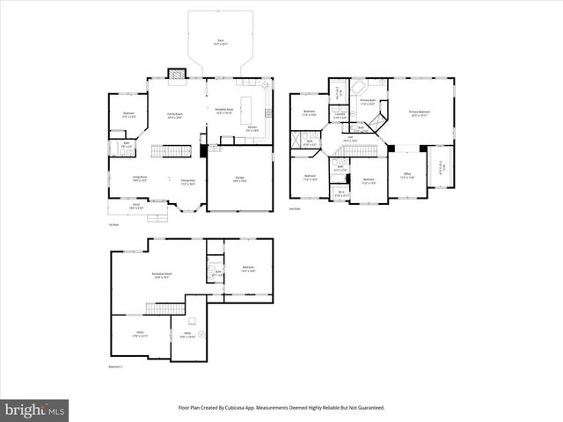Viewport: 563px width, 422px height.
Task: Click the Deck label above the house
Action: [x=220, y=42]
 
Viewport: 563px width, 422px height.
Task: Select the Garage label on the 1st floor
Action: [x=238, y=178]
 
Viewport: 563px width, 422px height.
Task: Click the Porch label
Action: [x=137, y=206]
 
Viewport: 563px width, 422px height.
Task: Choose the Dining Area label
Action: [x=187, y=182]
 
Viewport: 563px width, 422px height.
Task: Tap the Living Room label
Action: [x=140, y=178]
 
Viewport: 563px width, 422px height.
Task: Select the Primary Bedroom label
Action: [x=419, y=113]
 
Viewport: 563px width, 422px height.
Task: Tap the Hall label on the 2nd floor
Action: [x=349, y=138]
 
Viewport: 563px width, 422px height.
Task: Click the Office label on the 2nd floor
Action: [x=407, y=175]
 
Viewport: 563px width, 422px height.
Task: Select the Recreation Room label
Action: [x=161, y=276]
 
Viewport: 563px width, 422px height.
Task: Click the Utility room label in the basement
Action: [x=187, y=336]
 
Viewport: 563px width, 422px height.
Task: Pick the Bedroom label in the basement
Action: [x=247, y=269]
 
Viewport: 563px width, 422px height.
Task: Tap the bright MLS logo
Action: [x=35, y=410]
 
